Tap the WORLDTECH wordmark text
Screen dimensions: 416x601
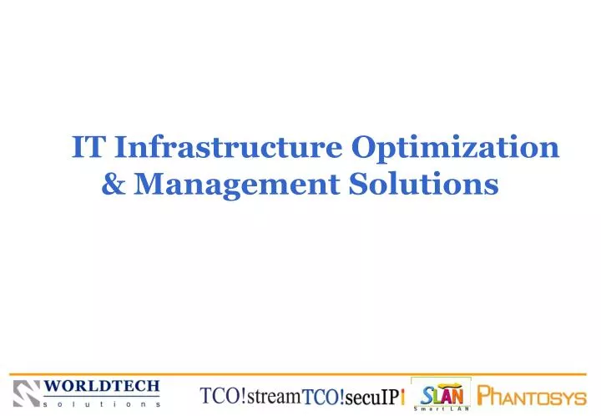coord(102,387)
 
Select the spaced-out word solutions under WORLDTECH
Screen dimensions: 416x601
coord(102,403)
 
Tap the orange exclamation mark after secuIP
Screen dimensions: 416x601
coord(403,398)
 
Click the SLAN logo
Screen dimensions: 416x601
coord(442,392)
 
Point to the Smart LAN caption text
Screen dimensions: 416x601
coord(442,408)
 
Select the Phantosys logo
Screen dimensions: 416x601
coord(531,396)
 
